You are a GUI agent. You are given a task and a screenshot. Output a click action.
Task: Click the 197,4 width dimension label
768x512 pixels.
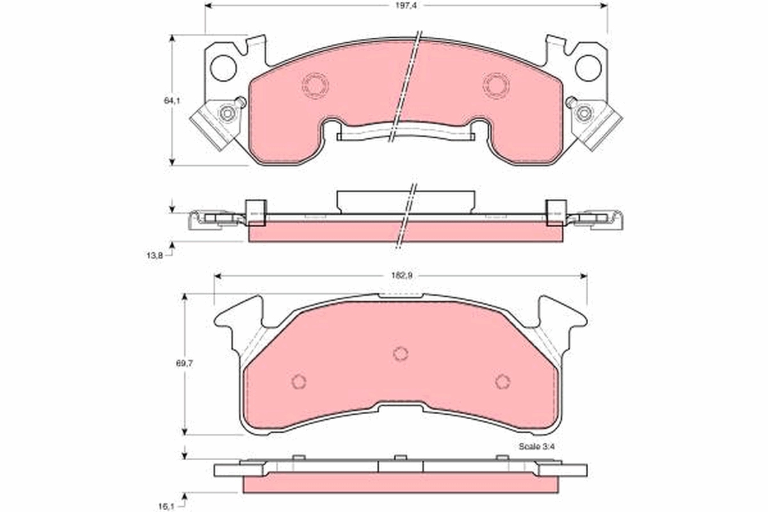pyautogui.click(x=406, y=6)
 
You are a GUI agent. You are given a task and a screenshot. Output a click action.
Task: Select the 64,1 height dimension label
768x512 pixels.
pyautogui.click(x=172, y=100)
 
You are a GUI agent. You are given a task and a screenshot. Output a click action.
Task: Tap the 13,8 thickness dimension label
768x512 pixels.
pyautogui.click(x=155, y=255)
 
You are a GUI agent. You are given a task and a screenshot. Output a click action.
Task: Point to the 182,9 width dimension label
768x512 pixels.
pyautogui.click(x=402, y=275)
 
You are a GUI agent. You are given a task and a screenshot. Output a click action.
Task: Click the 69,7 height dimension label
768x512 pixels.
pyautogui.click(x=184, y=363)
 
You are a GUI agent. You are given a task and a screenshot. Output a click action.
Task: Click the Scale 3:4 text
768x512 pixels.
pyautogui.click(x=536, y=447)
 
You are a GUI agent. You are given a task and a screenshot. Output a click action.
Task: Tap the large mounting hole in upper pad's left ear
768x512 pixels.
pyautogui.click(x=223, y=68)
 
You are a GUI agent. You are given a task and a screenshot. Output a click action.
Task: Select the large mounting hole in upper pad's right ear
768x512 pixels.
pyautogui.click(x=588, y=68)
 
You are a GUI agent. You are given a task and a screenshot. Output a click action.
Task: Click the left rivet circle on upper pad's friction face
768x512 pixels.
pyautogui.click(x=315, y=85)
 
